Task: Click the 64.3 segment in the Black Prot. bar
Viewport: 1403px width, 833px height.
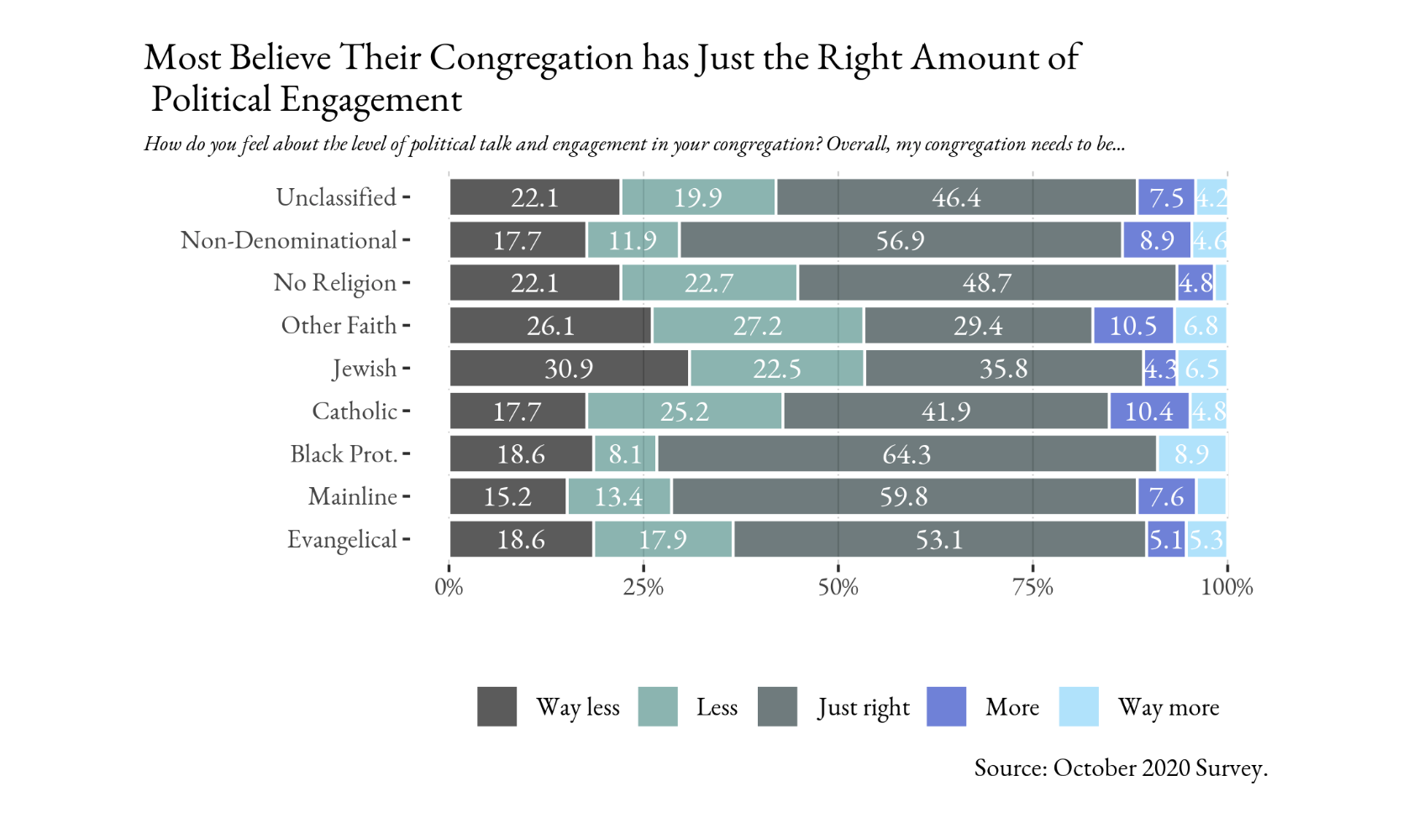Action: click(x=906, y=454)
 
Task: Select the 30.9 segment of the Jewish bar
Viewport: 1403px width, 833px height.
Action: click(x=569, y=369)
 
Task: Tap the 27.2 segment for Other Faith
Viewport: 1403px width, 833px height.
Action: click(x=758, y=326)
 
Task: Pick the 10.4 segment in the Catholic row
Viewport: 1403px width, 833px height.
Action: click(x=1148, y=411)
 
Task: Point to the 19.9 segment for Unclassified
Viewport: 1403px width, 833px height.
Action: click(x=697, y=198)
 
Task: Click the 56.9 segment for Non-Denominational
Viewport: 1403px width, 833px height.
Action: click(x=900, y=241)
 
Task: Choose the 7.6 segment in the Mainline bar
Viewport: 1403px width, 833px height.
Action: click(x=1166, y=497)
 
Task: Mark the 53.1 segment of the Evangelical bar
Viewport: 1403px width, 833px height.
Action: click(x=939, y=540)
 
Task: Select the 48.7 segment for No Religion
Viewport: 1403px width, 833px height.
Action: click(x=986, y=283)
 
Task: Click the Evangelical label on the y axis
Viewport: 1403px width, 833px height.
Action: click(x=342, y=540)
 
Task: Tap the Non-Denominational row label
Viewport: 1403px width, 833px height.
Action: click(x=288, y=241)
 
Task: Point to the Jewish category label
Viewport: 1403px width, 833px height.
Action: click(x=364, y=369)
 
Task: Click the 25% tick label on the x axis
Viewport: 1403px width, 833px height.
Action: click(x=643, y=587)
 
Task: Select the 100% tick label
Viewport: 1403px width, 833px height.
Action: click(x=1226, y=587)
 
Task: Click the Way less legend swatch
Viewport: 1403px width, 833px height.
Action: click(x=497, y=706)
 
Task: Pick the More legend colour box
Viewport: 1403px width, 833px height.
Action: click(x=946, y=706)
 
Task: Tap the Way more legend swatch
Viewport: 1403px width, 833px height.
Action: click(x=1079, y=706)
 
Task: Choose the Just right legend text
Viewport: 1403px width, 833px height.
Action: click(x=864, y=708)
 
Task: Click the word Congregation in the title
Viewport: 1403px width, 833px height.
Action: click(x=531, y=59)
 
